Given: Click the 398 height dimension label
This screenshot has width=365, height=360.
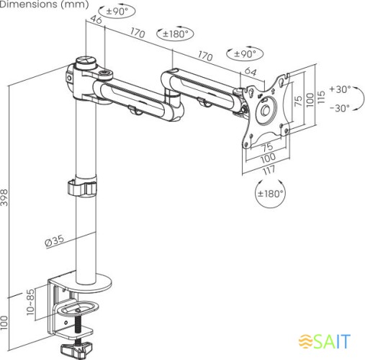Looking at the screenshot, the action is tap(4, 197).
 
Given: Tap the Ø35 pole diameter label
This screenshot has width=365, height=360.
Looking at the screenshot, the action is tap(55, 240).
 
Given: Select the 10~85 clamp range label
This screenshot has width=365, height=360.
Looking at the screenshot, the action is tap(30, 302).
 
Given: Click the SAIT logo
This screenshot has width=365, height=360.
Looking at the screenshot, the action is tap(325, 341).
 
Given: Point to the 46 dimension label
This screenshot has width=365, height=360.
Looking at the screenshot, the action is tap(96, 19).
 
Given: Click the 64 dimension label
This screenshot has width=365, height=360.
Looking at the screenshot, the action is tap(251, 71).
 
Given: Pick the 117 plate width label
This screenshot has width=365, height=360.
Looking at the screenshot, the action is tap(269, 170).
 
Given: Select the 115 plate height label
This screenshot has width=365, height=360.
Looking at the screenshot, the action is tap(321, 97).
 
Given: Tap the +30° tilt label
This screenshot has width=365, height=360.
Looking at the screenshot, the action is tap(340, 89).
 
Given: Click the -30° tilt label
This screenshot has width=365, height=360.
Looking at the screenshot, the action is tap(340, 108).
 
